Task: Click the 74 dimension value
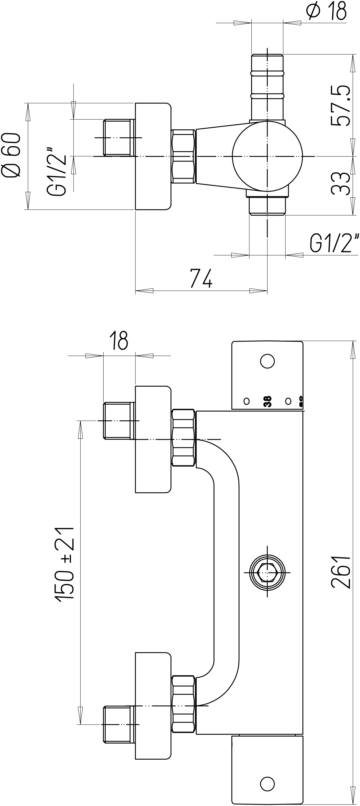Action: coord(201,278)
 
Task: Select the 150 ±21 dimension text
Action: coord(65,563)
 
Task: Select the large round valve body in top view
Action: coord(267,156)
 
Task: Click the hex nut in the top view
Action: coord(184,156)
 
